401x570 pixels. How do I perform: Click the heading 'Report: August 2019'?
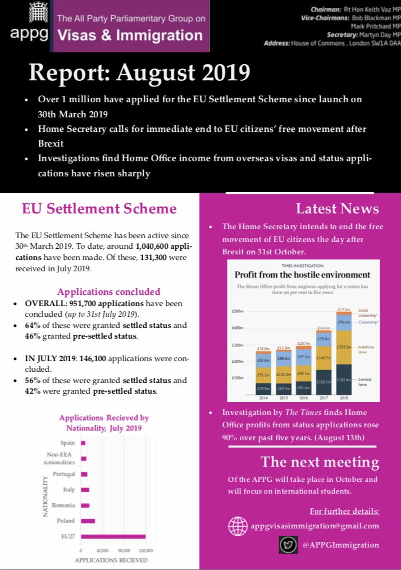139,72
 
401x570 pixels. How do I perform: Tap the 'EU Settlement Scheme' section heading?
99,209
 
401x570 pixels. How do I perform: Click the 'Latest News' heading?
337,209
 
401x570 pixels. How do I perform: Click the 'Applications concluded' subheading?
108,291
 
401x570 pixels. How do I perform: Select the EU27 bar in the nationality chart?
113,537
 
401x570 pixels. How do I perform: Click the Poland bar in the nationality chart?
88,521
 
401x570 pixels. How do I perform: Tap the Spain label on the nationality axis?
67,443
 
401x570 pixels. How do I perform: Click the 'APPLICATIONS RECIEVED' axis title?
111,560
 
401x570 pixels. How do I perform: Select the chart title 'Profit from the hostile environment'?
302,275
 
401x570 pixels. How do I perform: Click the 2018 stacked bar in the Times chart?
344,354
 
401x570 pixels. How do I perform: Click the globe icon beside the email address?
238,526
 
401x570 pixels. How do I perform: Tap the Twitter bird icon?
288,545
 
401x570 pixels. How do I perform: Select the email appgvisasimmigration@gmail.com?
315,526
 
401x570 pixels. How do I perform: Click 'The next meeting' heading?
320,462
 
